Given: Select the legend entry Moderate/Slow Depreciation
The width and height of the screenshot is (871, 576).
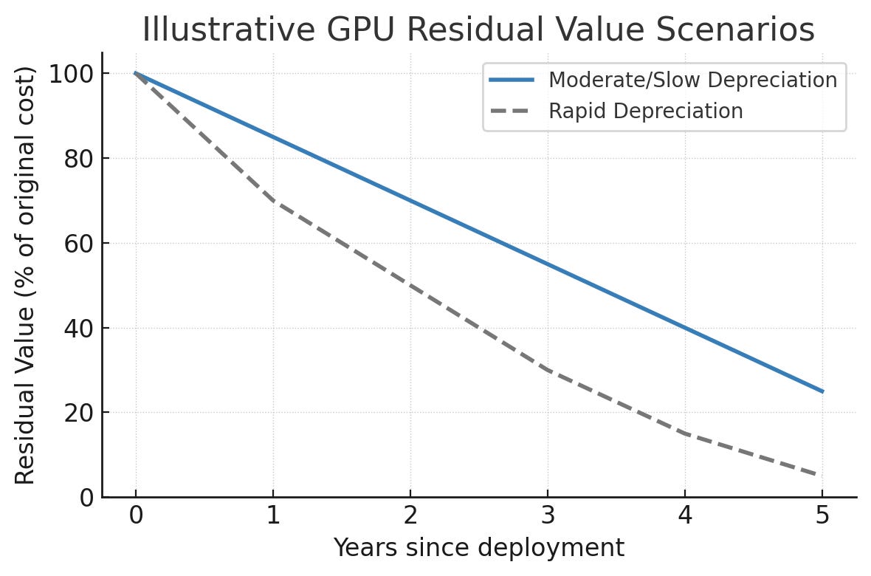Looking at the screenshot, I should pyautogui.click(x=692, y=80).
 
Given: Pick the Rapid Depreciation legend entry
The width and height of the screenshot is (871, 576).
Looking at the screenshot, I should pyautogui.click(x=645, y=112).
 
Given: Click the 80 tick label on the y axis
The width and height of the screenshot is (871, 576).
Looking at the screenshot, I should pyautogui.click(x=76, y=159).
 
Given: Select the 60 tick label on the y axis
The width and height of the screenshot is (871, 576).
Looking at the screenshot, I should pyautogui.click(x=76, y=244).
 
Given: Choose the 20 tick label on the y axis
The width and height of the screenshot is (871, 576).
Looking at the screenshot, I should pyautogui.click(x=76, y=413).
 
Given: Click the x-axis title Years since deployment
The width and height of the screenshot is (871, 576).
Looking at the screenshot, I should pyautogui.click(x=478, y=548).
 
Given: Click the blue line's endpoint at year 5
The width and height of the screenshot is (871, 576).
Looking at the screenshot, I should pyautogui.click(x=822, y=391).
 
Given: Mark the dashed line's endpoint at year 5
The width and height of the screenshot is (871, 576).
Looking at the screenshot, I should pyautogui.click(x=821, y=476).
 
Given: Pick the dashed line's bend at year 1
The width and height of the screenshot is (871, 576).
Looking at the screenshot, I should pyautogui.click(x=273, y=201).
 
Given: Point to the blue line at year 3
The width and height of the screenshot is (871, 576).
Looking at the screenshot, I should pyautogui.click(x=548, y=264).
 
